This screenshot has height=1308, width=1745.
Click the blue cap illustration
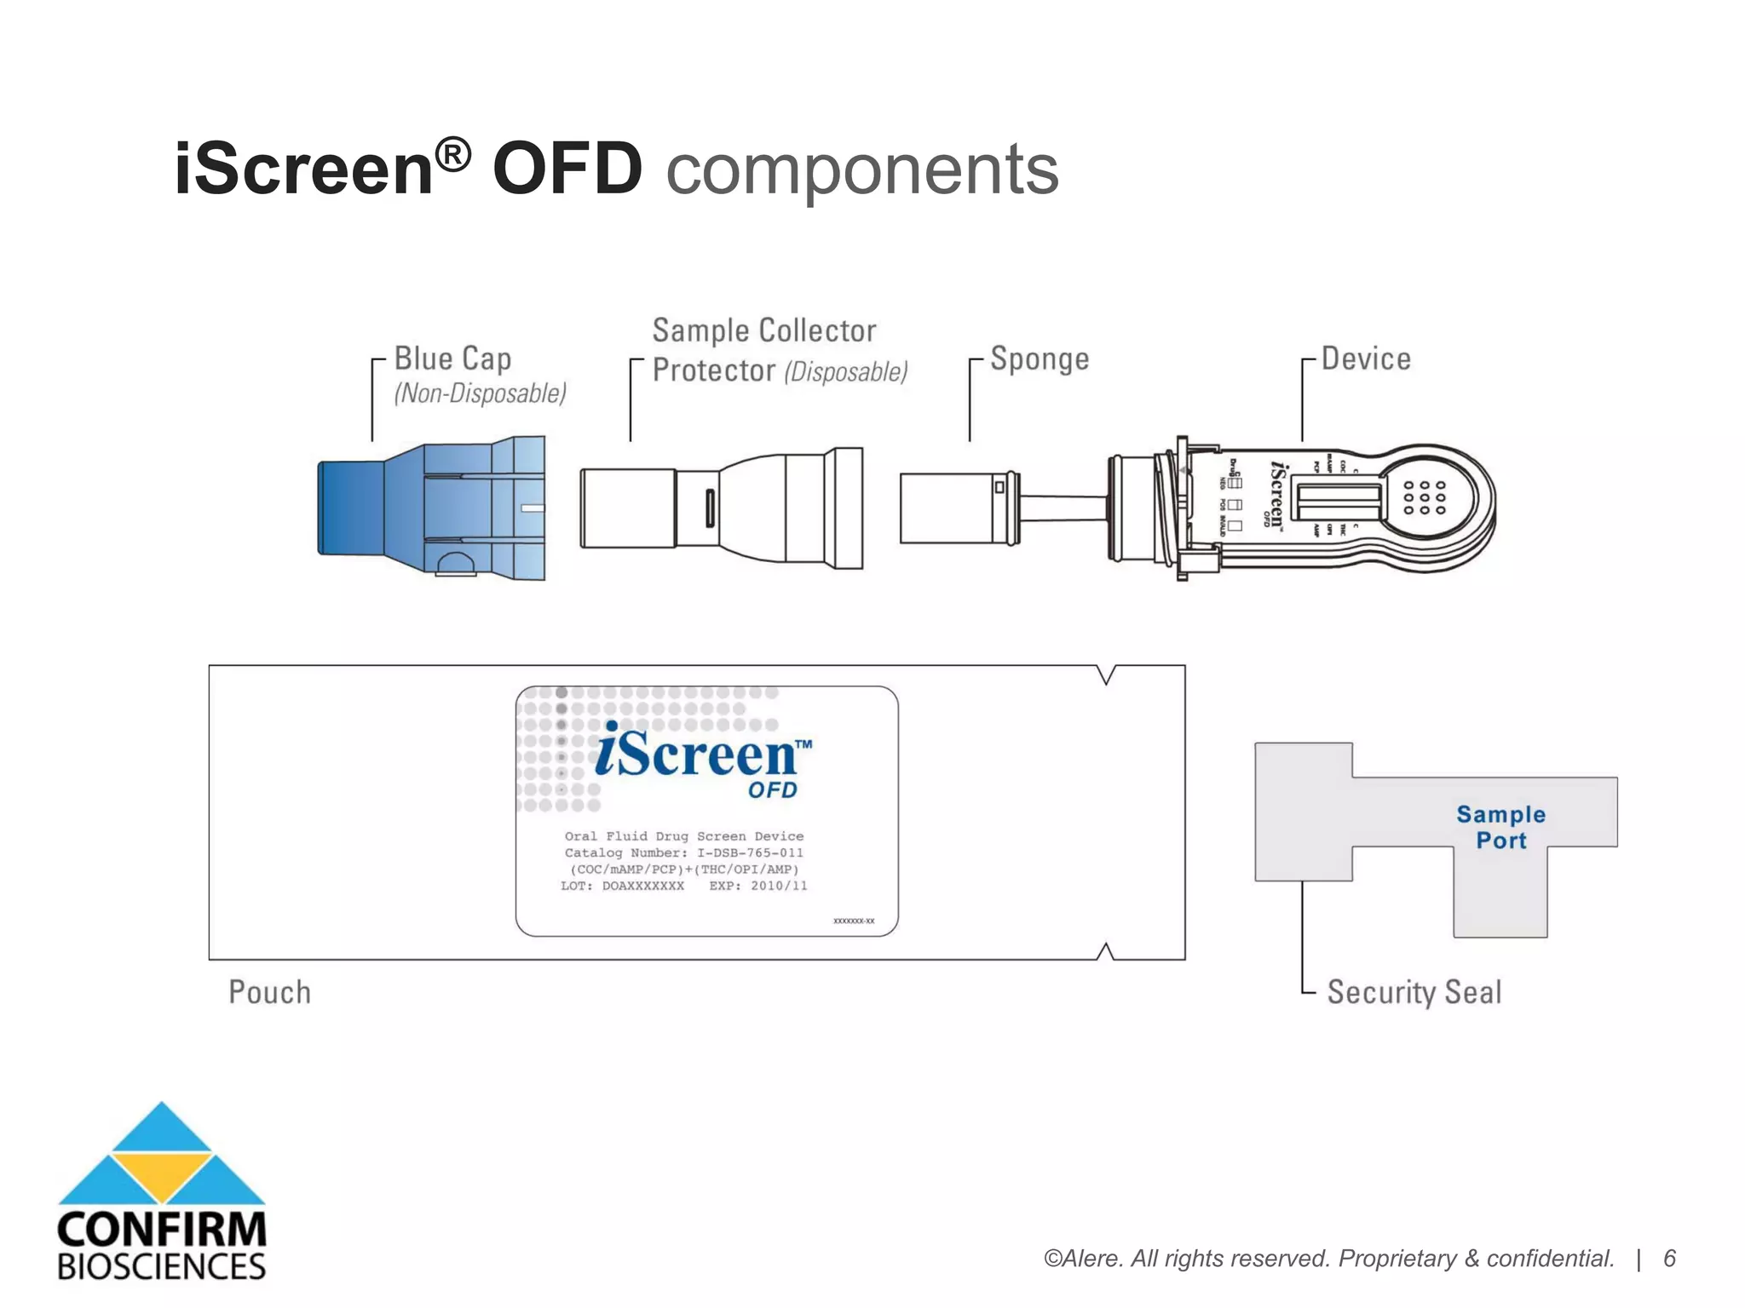[x=431, y=508]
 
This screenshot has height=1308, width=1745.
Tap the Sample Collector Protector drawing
[x=721, y=508]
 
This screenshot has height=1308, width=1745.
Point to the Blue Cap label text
[x=452, y=359]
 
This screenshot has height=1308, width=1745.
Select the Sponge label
[x=1040, y=359]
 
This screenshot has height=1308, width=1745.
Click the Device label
[x=1366, y=359]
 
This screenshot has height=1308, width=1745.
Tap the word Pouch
[x=269, y=992]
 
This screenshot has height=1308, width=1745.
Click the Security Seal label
[x=1414, y=992]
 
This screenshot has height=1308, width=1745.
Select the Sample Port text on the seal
[x=1500, y=827]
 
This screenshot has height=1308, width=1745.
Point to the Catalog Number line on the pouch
[x=683, y=852]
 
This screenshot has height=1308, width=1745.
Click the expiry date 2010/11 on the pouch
[x=778, y=886]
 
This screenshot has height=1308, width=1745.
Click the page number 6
[x=1669, y=1259]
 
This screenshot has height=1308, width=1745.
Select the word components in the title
[x=861, y=169]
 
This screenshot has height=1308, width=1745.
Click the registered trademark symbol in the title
[x=452, y=154]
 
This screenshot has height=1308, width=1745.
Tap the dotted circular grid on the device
[x=1424, y=497]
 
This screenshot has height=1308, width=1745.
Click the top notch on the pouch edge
[x=1105, y=674]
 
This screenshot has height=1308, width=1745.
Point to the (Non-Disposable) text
[x=480, y=393]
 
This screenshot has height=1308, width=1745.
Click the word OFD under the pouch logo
[x=772, y=790]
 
